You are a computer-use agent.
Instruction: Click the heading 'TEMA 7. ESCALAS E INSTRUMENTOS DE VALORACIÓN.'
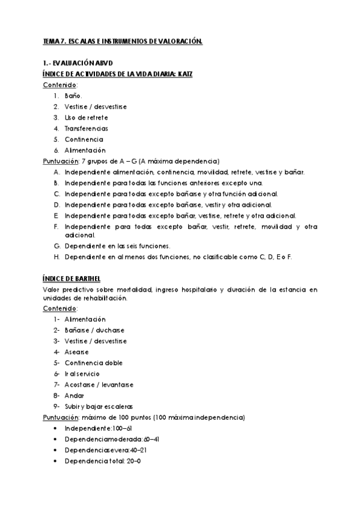pyautogui.click(x=123, y=41)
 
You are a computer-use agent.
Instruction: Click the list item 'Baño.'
pyautogui.click(x=73, y=96)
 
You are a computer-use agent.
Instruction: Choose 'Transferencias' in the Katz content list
pyautogui.click(x=87, y=128)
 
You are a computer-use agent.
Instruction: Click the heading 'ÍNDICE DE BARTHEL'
pyautogui.click(x=72, y=280)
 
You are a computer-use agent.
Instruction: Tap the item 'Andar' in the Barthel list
pyautogui.click(x=75, y=395)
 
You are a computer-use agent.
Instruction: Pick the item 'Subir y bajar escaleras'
pyautogui.click(x=99, y=406)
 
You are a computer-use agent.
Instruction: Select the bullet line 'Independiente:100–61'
pyautogui.click(x=99, y=428)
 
